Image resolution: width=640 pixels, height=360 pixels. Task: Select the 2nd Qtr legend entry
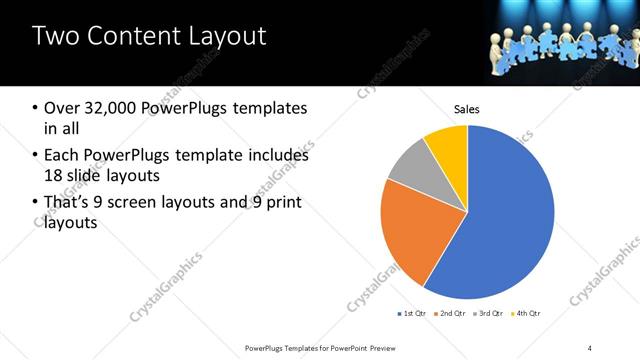(x=453, y=314)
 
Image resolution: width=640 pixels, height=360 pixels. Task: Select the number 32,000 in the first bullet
(x=111, y=108)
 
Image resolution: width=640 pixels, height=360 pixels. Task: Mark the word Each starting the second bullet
(x=62, y=155)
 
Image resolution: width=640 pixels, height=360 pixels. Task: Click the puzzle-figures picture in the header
(x=545, y=45)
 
